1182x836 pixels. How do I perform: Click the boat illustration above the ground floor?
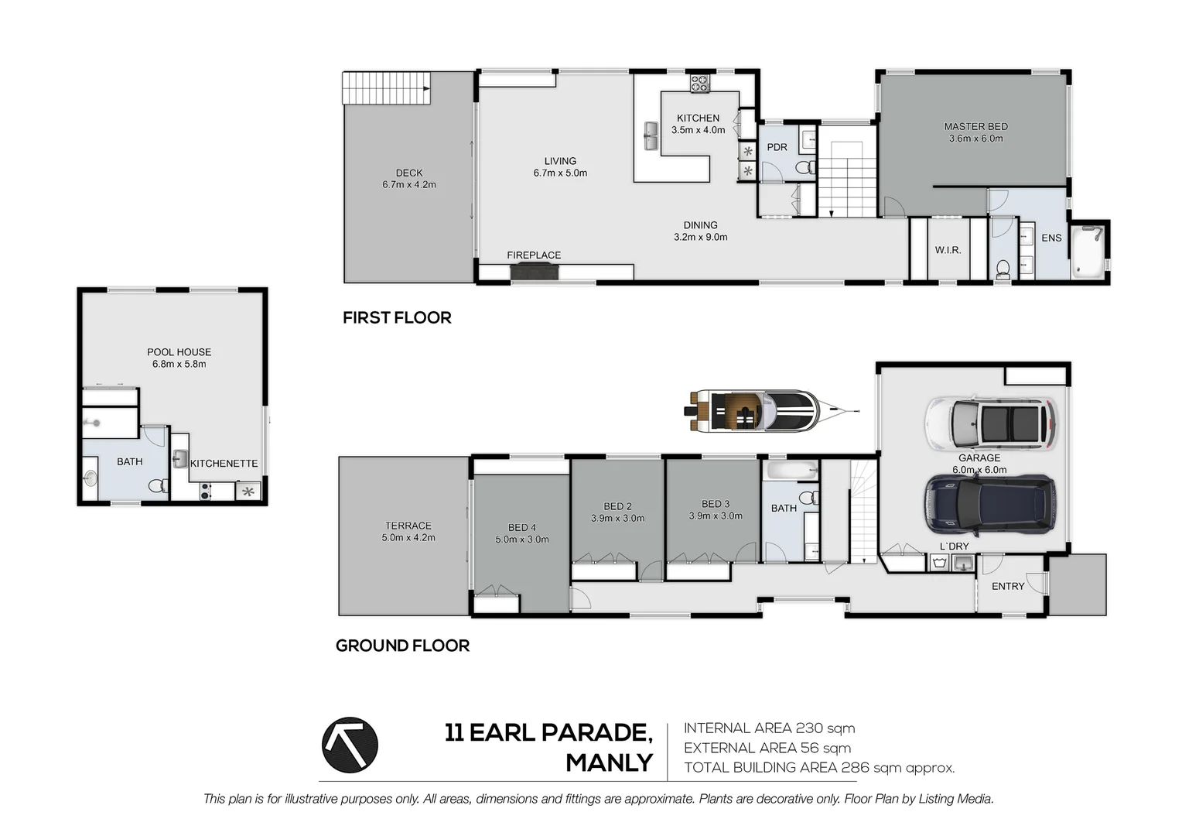pyautogui.click(x=754, y=410)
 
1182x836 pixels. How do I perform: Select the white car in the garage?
pyautogui.click(x=991, y=423)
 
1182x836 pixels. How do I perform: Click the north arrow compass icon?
pyautogui.click(x=350, y=745)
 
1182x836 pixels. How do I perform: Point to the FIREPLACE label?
pyautogui.click(x=534, y=255)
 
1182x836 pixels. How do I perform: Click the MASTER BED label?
pyautogui.click(x=975, y=126)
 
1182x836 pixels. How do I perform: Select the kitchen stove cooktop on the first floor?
pyautogui.click(x=700, y=83)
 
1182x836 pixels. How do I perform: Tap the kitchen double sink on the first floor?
pyautogui.click(x=651, y=137)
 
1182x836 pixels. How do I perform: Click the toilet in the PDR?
pyautogui.click(x=805, y=167)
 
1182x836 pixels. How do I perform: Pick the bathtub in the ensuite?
pyautogui.click(x=1089, y=249)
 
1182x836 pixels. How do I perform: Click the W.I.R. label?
pyautogui.click(x=948, y=250)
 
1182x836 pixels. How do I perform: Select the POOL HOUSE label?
pyautogui.click(x=179, y=351)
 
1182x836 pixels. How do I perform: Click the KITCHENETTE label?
pyautogui.click(x=224, y=463)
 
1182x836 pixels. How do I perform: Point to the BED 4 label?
pyautogui.click(x=521, y=527)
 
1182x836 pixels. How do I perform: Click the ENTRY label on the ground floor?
pyautogui.click(x=1007, y=586)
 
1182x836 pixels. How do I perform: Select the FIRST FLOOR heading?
pyautogui.click(x=397, y=317)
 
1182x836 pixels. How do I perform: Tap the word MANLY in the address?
pyautogui.click(x=609, y=762)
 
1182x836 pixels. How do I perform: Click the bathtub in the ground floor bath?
pyautogui.click(x=790, y=469)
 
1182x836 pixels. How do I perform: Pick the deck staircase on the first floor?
pyautogui.click(x=386, y=87)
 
